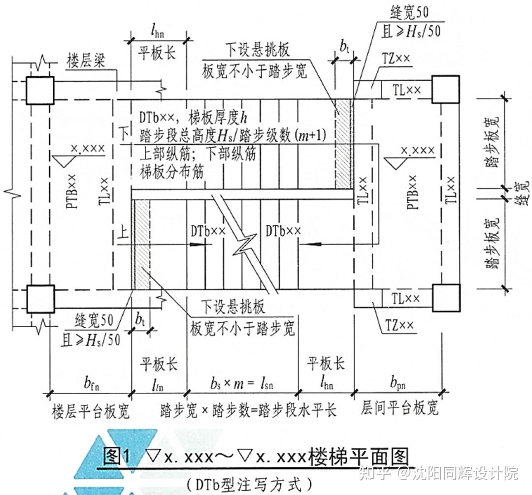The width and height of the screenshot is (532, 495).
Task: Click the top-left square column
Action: click(x=40, y=90)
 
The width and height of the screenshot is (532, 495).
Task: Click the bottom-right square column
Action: click(x=445, y=298)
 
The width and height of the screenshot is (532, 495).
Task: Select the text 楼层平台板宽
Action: click(x=90, y=410)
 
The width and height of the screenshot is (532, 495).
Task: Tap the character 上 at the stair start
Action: click(x=123, y=230)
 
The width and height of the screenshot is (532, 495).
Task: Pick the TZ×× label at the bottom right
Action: click(x=397, y=325)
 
